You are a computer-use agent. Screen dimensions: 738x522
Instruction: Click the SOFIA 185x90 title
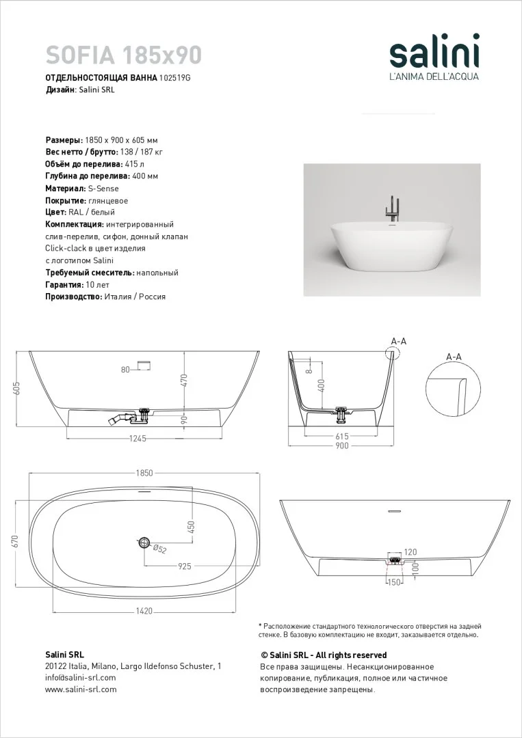[x=123, y=53]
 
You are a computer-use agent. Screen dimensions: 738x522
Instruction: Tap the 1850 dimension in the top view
[x=144, y=473]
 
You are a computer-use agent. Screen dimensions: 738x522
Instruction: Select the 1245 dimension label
[x=138, y=439]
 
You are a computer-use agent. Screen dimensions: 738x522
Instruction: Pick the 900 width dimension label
[x=341, y=446]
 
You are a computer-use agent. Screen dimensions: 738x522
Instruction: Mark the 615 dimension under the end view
[x=341, y=436]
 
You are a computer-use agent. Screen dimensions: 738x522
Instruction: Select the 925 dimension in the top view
[x=184, y=566]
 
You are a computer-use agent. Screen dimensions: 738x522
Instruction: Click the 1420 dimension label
[x=144, y=610]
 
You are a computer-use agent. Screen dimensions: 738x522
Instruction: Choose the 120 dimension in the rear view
[x=410, y=551]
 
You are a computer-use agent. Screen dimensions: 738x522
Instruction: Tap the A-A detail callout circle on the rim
[x=393, y=353]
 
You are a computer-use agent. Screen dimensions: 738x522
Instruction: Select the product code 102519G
[x=174, y=78]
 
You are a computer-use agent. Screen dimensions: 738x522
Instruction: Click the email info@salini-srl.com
[x=80, y=677]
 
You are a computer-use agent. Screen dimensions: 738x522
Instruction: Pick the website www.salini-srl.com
[x=81, y=689]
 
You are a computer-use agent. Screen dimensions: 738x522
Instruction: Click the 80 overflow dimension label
[x=125, y=370]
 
